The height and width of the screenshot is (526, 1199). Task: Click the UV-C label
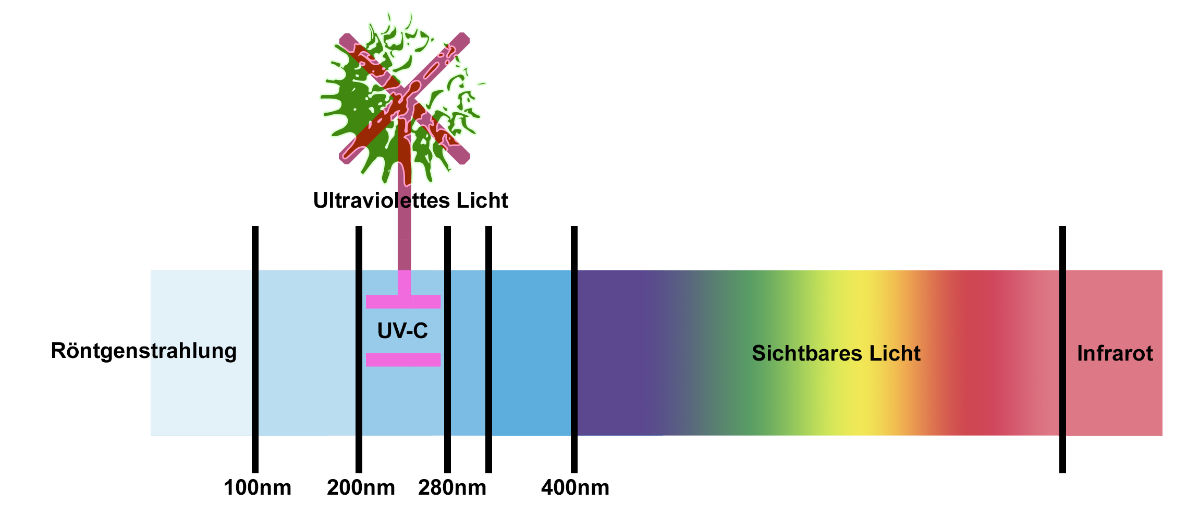pos(402,331)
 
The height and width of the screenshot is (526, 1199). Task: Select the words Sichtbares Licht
pos(836,353)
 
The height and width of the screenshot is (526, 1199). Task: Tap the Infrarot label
pos(1115,353)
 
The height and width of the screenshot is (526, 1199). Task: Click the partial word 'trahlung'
pos(194,351)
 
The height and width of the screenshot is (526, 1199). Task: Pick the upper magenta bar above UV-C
pos(403,302)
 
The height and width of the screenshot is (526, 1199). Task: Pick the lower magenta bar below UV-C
pos(403,360)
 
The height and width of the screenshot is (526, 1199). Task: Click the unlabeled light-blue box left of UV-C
pos(307,353)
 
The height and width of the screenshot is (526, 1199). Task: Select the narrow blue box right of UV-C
pos(468,353)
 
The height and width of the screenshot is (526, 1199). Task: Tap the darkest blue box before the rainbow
pos(531,353)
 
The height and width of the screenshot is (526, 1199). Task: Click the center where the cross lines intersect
pos(405,98)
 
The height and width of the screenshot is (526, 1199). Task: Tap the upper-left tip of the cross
pos(346,40)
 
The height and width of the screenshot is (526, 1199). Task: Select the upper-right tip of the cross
pos(463,40)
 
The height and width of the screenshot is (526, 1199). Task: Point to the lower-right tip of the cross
pos(463,157)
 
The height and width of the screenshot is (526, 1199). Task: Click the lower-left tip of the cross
pos(346,157)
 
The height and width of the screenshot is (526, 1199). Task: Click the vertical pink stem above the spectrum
pos(404,240)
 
